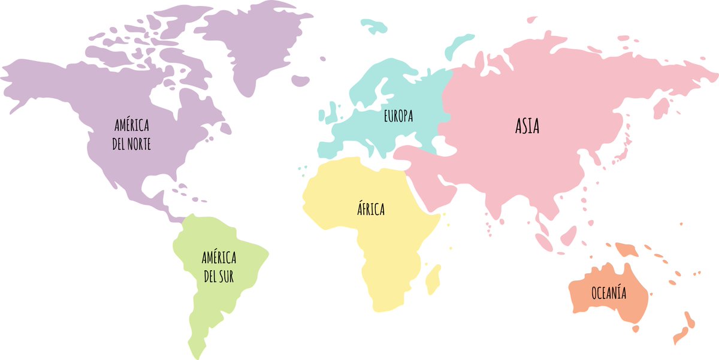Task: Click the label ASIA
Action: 527,126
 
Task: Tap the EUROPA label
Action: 398,116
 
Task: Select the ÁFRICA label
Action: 371,210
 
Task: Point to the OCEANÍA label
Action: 608,294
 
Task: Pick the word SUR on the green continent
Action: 226,277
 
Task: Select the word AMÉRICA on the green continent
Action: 219,258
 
